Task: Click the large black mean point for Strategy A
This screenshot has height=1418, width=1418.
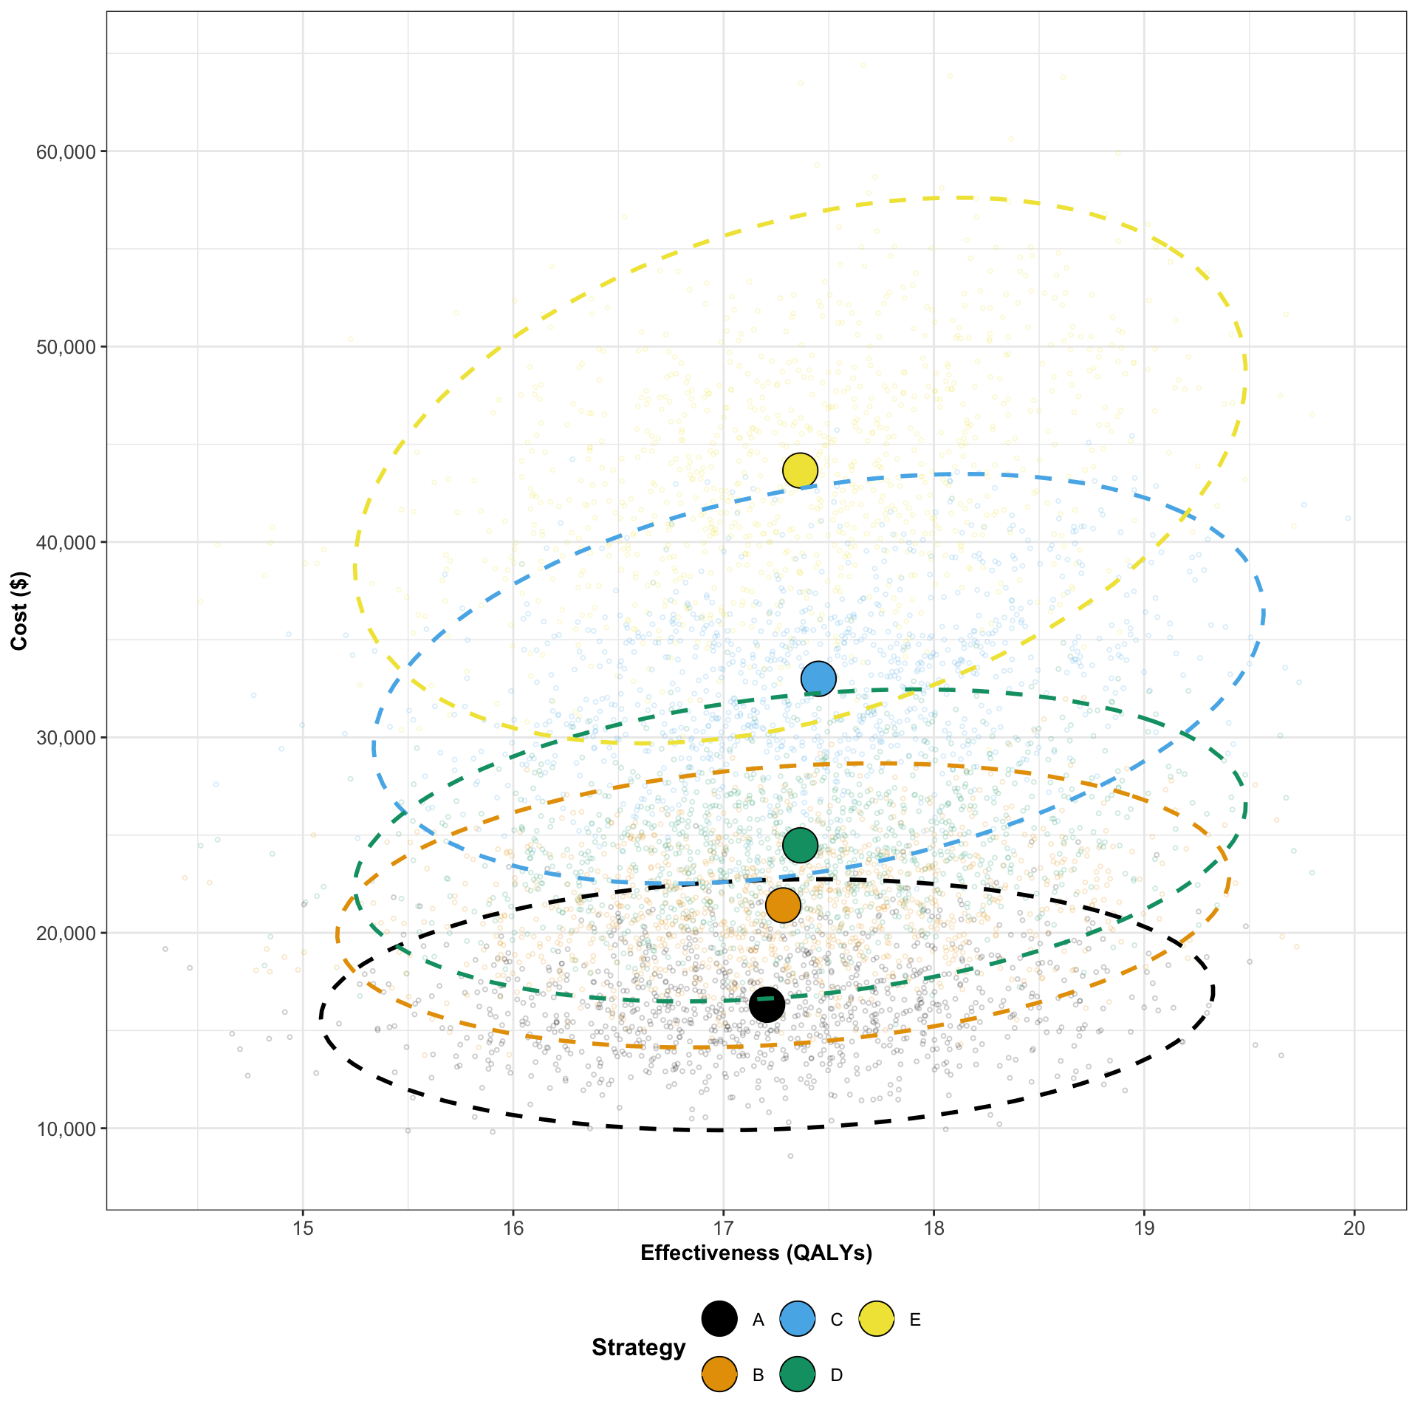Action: click(x=767, y=1004)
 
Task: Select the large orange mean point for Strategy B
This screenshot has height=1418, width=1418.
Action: click(x=783, y=905)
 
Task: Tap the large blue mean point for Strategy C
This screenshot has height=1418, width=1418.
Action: click(x=818, y=678)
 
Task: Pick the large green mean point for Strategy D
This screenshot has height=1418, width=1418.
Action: click(x=800, y=845)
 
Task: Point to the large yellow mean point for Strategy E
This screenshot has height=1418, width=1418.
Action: click(x=800, y=470)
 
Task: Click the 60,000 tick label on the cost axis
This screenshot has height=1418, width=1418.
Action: click(x=66, y=151)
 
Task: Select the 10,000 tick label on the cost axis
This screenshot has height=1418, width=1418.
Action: click(x=66, y=1128)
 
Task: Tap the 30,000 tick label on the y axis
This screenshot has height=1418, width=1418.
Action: click(x=66, y=738)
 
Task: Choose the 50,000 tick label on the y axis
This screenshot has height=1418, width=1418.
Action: click(x=66, y=347)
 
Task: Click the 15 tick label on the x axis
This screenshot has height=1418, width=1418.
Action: click(x=302, y=1229)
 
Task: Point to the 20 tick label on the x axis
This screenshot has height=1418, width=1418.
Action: click(x=1354, y=1229)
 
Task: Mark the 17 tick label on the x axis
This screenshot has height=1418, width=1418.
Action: click(x=723, y=1229)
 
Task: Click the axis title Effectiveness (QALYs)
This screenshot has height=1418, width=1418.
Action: click(x=756, y=1253)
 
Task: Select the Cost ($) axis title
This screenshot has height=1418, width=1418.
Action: click(x=20, y=611)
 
